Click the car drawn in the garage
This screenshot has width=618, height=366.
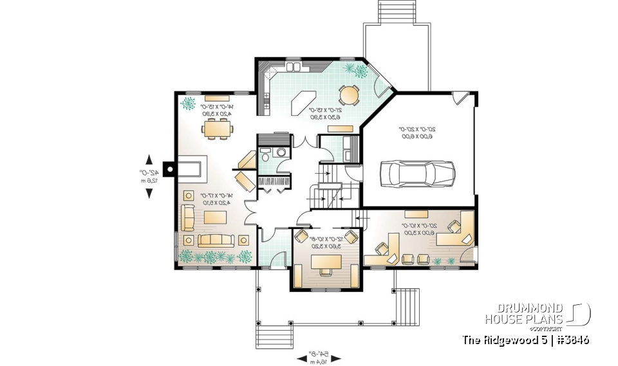click(417, 172)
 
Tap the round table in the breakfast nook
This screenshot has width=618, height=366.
click(350, 95)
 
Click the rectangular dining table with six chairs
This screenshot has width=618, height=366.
click(213, 128)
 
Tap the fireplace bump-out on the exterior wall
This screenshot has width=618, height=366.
click(169, 169)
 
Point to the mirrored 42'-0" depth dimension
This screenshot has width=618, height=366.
click(149, 176)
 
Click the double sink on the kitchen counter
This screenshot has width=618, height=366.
click(293, 67)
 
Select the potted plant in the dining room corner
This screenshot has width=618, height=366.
click(188, 104)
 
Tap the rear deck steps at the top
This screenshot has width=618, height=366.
click(392, 12)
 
